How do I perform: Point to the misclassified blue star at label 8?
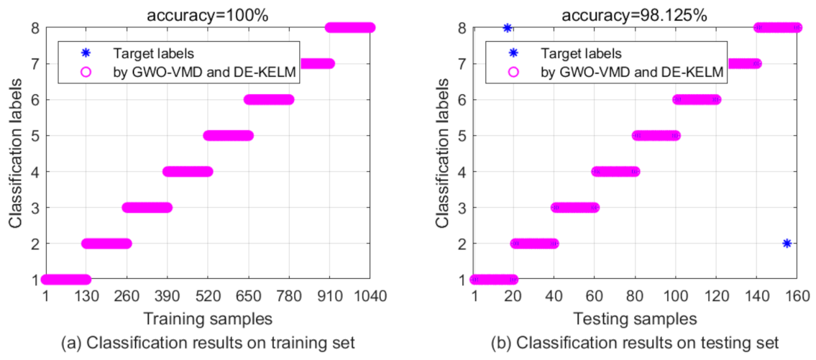point(508,28)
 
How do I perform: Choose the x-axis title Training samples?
point(208,317)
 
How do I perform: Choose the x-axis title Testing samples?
point(636,317)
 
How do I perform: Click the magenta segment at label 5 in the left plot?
point(229,135)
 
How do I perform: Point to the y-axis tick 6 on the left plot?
point(34,100)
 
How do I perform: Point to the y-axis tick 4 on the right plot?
point(462,172)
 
